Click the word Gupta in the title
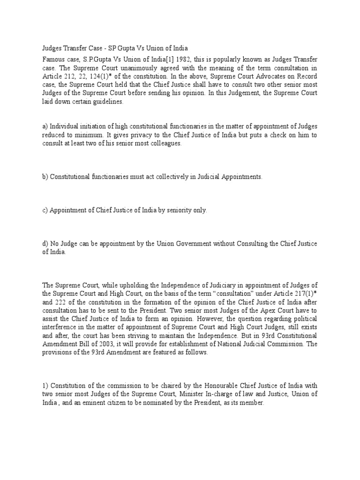[132, 48]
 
